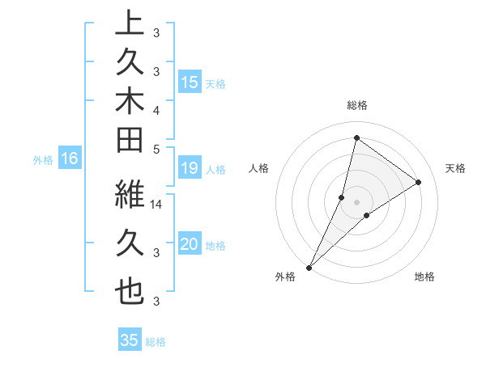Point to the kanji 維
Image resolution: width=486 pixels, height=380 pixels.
coord(130,195)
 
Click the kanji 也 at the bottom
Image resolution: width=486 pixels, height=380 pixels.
coord(130,292)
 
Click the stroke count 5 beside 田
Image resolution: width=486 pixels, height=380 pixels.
coord(156,149)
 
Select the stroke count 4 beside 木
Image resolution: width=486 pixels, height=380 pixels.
coord(156,110)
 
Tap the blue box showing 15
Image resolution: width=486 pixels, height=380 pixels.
coord(190,82)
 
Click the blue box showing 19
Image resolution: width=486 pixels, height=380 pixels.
coord(190,169)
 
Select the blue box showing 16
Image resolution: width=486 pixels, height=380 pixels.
coord(69,159)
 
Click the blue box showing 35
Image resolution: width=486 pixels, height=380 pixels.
coord(130,340)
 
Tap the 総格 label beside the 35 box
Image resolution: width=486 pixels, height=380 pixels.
coord(156,342)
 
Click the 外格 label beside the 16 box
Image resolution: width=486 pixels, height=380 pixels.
coord(43,160)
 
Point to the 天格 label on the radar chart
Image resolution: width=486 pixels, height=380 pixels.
coord(456,168)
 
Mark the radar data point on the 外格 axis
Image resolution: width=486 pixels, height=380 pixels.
coord(309,267)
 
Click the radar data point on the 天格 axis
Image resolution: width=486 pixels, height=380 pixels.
coord(418,182)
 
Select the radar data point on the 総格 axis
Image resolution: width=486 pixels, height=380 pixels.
coord(356,137)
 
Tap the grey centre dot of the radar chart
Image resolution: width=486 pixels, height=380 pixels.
coord(356,201)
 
